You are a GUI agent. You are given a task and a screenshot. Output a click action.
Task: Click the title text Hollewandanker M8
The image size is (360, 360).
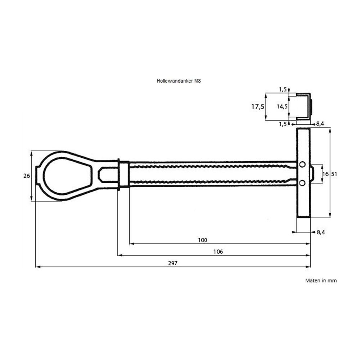(x=179, y=81)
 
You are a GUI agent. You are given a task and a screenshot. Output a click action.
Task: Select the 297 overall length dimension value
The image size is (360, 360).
(x=172, y=263)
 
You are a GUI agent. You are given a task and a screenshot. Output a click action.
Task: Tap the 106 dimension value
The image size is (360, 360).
(x=218, y=252)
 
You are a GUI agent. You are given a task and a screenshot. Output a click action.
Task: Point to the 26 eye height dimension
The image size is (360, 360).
(x=26, y=176)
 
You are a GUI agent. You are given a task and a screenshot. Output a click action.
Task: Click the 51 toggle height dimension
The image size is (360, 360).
(x=334, y=174)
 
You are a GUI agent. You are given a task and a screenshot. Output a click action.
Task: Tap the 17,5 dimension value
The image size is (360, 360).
(x=258, y=107)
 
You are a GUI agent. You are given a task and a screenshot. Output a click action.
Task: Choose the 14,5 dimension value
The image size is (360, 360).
(x=282, y=106)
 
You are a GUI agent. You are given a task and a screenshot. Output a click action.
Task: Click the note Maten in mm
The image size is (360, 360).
(x=321, y=280)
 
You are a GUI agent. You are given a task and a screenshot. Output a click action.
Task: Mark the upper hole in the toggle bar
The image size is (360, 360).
(x=302, y=165)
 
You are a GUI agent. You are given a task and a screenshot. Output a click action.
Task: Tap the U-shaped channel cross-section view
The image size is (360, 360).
(x=304, y=106)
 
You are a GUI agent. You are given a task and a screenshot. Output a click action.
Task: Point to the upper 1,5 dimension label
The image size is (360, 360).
(x=283, y=89)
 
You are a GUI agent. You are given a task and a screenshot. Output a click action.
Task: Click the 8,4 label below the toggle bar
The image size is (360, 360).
(x=321, y=233)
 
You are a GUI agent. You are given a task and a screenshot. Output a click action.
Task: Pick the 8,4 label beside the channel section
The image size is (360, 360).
(x=320, y=124)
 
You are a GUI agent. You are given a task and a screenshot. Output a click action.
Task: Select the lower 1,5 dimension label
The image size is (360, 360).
(x=283, y=124)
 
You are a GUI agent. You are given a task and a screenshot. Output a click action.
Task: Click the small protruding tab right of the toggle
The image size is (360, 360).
(x=313, y=174)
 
